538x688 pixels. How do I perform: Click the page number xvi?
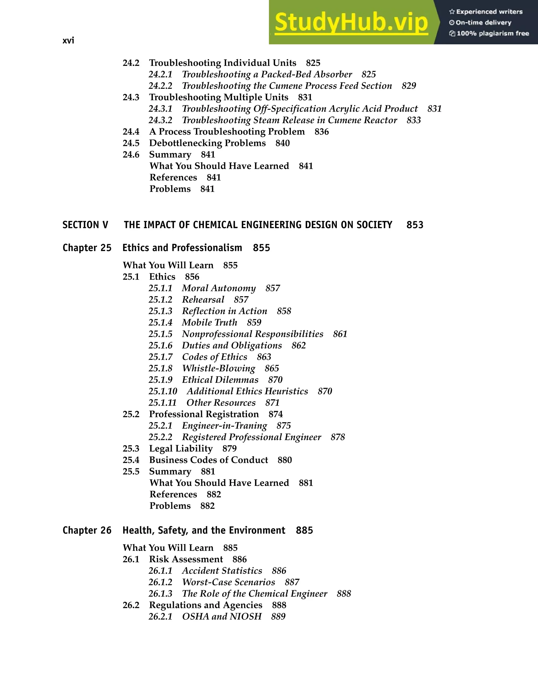[68, 41]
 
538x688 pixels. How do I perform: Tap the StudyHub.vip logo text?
[351, 23]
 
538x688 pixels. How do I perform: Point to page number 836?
[322, 132]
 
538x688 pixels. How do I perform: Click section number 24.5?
[131, 143]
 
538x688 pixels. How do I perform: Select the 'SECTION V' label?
[85, 225]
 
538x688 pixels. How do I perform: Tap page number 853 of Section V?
[415, 225]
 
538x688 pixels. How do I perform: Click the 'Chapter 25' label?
[87, 248]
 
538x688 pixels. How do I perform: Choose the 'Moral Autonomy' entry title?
[219, 288]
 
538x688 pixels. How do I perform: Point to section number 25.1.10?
[163, 391]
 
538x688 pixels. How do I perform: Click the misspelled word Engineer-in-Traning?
[224, 426]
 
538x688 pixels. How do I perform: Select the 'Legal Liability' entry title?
[181, 449]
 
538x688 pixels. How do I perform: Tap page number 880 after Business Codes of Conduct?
[284, 460]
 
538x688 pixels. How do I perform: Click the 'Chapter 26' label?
[87, 531]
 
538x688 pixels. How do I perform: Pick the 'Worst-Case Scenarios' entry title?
[229, 582]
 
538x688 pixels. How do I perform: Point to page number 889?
[278, 617]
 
